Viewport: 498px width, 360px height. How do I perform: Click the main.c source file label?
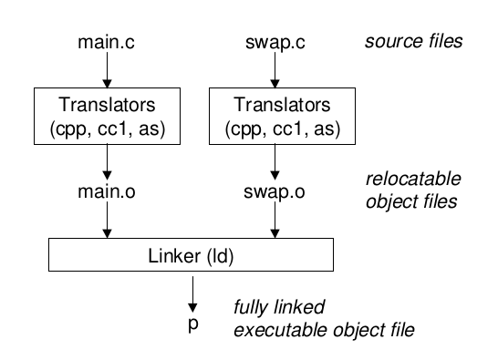(109, 42)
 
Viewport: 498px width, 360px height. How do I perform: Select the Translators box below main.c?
(109, 114)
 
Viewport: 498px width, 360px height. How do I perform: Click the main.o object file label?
(109, 194)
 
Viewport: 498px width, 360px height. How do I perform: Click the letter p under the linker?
(192, 323)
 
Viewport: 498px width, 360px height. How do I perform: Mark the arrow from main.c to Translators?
(109, 69)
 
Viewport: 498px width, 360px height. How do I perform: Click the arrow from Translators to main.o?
(109, 160)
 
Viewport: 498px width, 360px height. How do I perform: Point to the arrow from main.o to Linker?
(109, 222)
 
